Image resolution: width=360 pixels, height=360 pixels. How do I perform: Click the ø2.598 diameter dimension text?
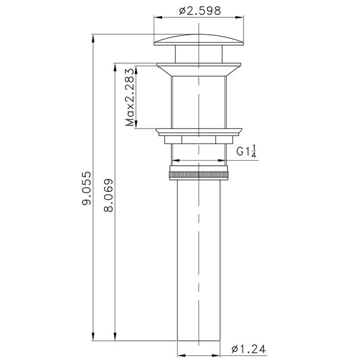(x=200, y=11)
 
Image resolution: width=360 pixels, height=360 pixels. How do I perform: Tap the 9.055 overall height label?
(x=87, y=188)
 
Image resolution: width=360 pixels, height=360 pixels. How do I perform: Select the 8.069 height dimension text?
(x=109, y=195)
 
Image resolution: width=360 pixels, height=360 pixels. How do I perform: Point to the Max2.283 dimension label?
(x=130, y=97)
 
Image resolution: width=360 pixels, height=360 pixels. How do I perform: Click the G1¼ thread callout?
(x=246, y=151)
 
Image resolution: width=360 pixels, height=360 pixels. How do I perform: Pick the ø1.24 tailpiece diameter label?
(x=248, y=349)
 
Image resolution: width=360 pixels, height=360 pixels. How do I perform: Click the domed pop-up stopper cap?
(x=199, y=40)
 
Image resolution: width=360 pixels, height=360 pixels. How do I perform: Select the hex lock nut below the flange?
(x=199, y=140)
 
